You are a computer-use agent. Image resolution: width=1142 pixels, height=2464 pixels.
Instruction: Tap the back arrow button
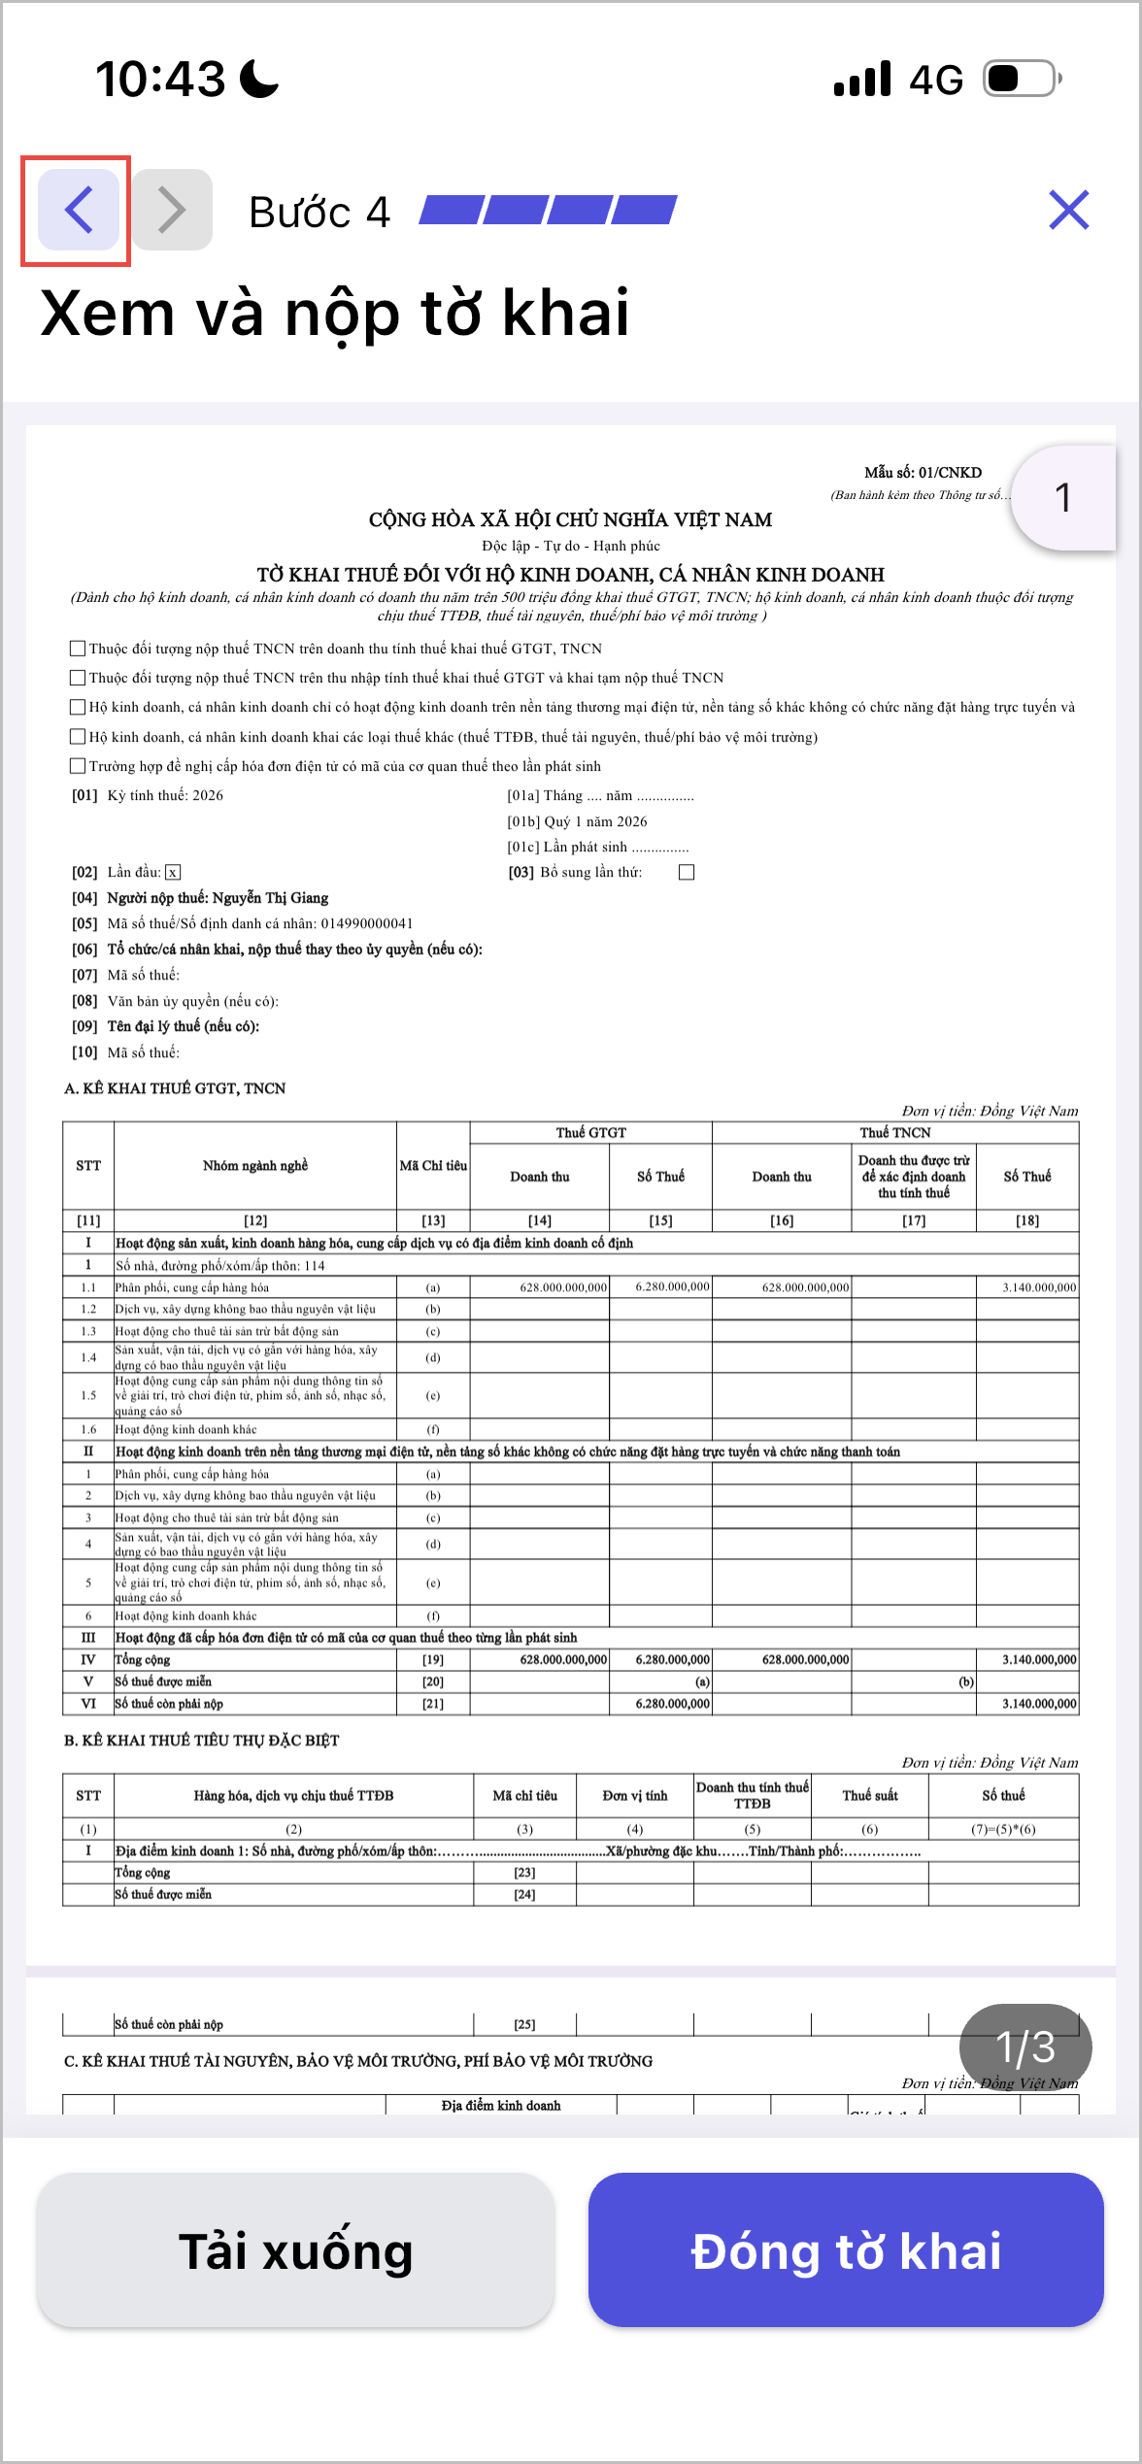78,210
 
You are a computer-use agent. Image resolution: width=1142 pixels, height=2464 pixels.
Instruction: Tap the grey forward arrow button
173,210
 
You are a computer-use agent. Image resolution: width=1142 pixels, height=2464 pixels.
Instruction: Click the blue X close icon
1068,210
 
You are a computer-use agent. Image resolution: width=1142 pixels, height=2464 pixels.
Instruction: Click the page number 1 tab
1063,498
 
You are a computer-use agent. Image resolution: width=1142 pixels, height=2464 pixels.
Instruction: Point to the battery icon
1022,79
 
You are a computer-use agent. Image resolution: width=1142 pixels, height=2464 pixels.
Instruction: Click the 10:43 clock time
160,79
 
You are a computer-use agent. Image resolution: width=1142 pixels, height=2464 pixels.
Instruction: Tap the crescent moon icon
258,79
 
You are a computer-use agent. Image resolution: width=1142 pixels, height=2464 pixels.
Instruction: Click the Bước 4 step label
319,212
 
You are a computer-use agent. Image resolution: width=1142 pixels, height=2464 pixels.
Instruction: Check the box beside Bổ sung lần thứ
687,872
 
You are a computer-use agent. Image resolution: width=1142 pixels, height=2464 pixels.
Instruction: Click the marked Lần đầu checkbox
173,872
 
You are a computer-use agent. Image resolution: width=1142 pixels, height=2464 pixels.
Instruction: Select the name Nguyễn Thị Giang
270,898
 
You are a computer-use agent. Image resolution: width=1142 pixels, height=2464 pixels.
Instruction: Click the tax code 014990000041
366,923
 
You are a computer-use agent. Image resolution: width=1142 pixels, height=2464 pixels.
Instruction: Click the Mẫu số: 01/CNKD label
923,473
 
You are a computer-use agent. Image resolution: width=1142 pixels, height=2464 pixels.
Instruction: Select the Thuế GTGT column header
590,1132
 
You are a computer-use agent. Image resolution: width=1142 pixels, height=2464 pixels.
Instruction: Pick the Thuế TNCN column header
894,1132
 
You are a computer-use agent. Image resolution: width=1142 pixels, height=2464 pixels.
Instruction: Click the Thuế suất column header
869,1795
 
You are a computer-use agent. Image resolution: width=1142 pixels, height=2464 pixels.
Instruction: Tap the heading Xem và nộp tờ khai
335,314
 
